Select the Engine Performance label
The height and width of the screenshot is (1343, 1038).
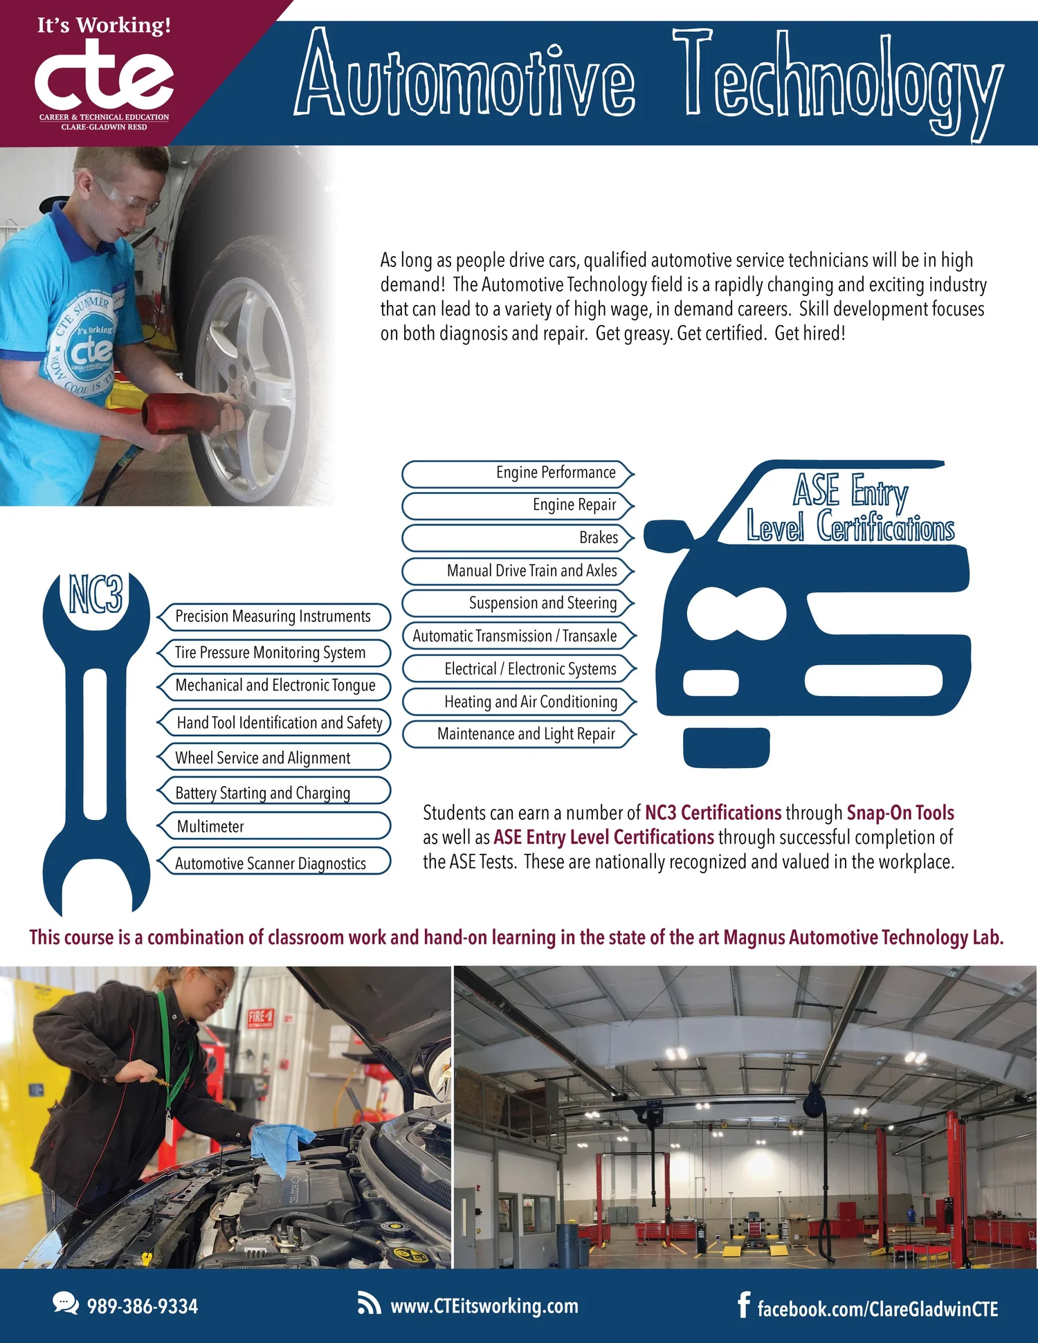(x=556, y=473)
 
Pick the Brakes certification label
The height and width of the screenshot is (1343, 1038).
(x=599, y=538)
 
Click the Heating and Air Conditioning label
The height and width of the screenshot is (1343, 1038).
(x=531, y=702)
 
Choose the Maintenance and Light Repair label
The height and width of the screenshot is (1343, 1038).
(x=526, y=734)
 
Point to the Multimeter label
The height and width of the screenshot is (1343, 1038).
(x=210, y=826)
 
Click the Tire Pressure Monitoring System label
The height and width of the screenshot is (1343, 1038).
(x=270, y=652)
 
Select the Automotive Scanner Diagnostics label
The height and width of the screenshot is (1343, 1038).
(x=271, y=863)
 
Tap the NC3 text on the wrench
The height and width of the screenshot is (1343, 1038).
(x=96, y=594)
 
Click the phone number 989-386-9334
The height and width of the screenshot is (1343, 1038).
(x=143, y=1306)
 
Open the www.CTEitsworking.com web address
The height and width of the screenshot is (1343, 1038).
(x=484, y=1306)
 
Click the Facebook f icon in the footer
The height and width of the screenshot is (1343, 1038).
(x=744, y=1305)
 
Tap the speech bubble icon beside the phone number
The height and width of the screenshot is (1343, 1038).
(x=66, y=1303)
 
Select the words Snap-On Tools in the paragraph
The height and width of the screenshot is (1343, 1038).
(x=900, y=813)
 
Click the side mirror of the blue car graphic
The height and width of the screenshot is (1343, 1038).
(x=668, y=536)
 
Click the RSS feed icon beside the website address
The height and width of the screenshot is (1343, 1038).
(x=369, y=1304)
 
